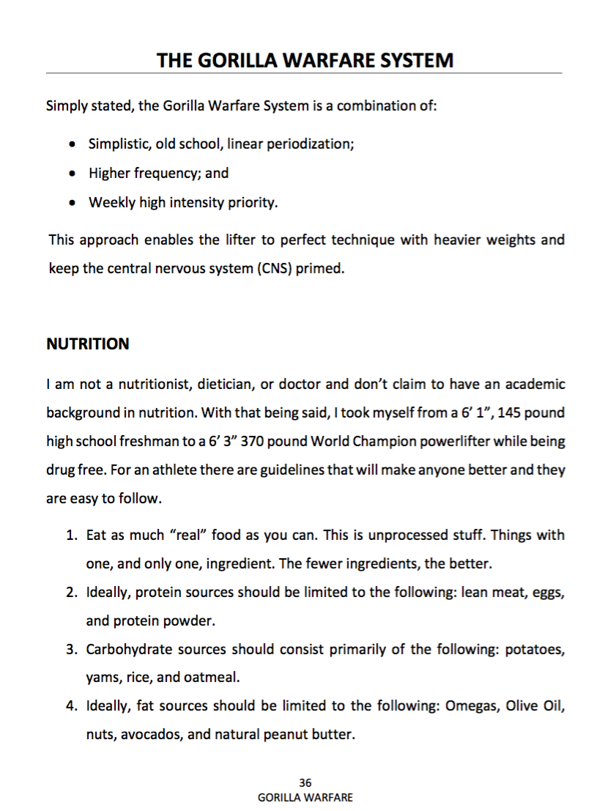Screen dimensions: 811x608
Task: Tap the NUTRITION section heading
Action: pos(87,344)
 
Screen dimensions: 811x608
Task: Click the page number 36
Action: pos(305,783)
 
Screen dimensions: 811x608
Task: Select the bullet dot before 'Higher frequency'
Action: pos(71,174)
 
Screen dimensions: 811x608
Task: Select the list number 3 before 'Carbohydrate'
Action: pos(72,650)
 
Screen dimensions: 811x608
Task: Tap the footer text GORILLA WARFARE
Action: pos(305,797)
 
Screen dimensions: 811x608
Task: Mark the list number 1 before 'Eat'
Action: pos(72,536)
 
